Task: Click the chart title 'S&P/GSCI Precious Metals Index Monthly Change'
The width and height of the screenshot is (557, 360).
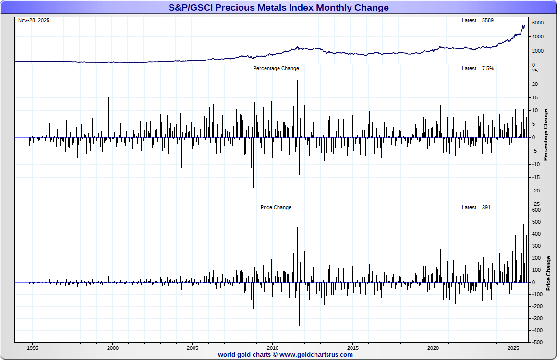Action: [x=278, y=8]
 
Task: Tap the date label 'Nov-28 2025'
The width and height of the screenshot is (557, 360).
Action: [x=34, y=21]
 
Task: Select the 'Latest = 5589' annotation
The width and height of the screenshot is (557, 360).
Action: [x=477, y=21]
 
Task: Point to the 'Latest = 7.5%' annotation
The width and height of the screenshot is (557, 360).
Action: [x=478, y=69]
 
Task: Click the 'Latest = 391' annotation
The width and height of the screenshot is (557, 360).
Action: [x=476, y=208]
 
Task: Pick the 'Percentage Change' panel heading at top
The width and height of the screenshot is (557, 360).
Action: [x=276, y=69]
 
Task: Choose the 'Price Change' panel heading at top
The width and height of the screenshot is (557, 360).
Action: [x=276, y=208]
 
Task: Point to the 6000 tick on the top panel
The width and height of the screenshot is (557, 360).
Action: [x=537, y=23]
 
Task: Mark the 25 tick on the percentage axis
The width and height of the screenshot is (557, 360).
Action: [x=534, y=71]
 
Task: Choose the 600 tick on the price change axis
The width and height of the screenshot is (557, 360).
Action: [x=536, y=210]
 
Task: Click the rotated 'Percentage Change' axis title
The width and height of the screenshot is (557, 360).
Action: [x=545, y=135]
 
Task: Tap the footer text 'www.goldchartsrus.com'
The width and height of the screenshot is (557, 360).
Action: [x=316, y=355]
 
